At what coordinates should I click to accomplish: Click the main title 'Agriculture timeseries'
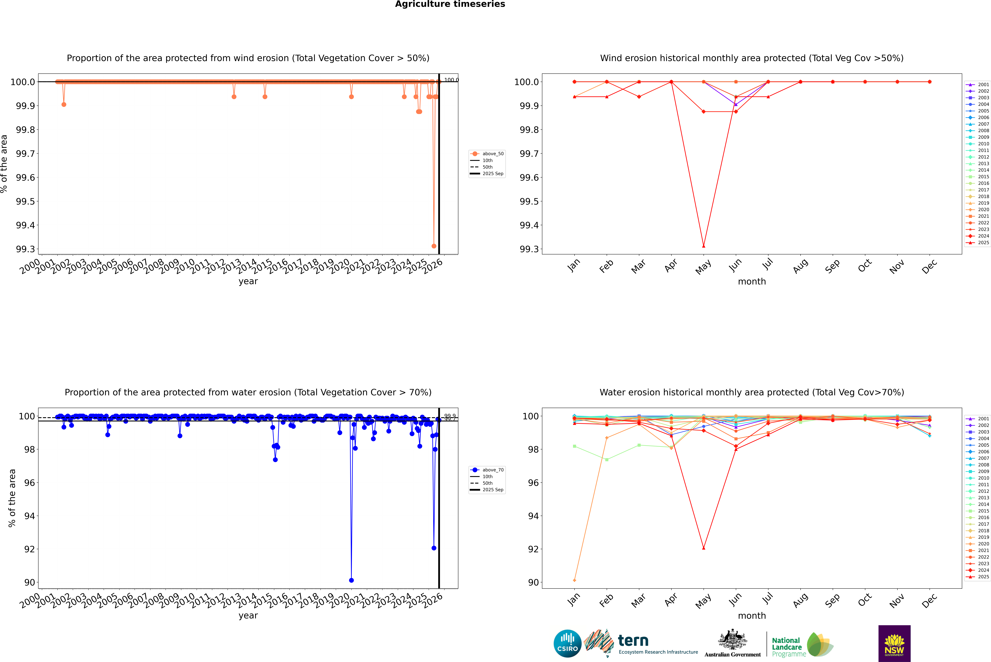click(x=450, y=4)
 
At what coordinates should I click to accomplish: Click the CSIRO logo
click(x=567, y=643)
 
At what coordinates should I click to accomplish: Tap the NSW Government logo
click(x=894, y=643)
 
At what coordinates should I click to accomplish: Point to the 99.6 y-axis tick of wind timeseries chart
click(x=25, y=177)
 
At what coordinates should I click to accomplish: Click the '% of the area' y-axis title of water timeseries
click(x=12, y=498)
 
